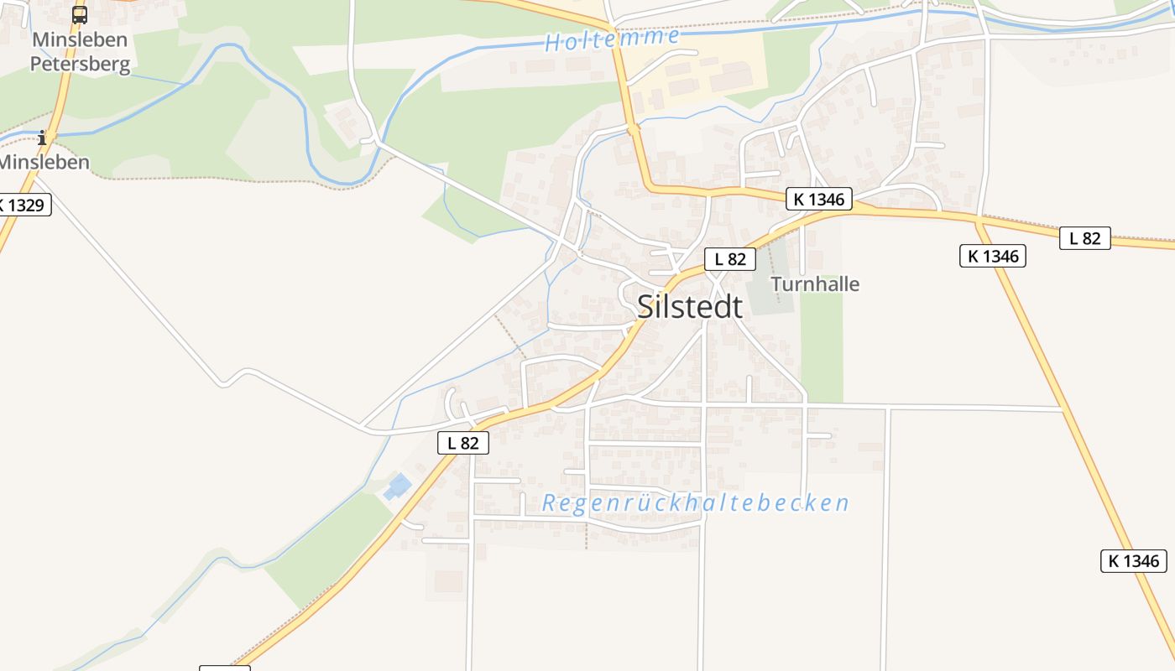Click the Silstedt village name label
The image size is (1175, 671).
point(690,307)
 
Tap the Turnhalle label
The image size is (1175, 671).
point(815,284)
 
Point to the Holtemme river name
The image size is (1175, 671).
point(612,39)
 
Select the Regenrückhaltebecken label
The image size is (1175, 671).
point(695,503)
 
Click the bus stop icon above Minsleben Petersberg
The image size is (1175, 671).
point(80,14)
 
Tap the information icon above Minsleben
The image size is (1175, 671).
point(42,137)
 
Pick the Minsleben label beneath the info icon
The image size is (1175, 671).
point(45,162)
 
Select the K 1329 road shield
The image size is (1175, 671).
point(23,205)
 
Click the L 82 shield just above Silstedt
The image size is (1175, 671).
point(729,259)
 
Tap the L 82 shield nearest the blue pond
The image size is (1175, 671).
point(462,443)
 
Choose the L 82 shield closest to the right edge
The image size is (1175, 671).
point(1084,238)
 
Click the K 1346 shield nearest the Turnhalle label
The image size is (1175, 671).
point(819,199)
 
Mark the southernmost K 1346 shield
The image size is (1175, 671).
point(1133,561)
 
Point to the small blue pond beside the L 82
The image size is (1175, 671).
point(398,486)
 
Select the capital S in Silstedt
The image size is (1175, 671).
point(645,307)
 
